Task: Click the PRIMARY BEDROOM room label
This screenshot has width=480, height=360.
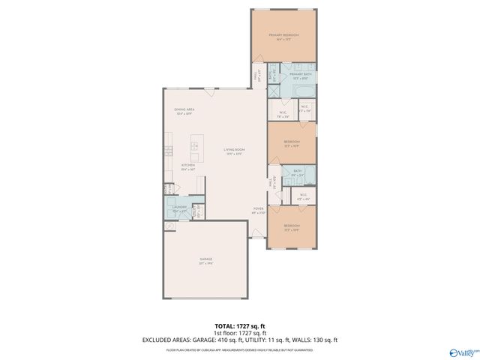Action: click(285, 34)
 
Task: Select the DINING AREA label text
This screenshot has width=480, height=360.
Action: click(184, 109)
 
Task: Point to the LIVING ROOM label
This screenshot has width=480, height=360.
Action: click(235, 150)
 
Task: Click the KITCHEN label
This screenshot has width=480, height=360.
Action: click(188, 165)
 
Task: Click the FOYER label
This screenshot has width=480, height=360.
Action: click(257, 209)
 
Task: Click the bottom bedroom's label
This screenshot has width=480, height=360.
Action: click(292, 226)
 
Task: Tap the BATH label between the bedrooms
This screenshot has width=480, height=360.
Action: click(298, 171)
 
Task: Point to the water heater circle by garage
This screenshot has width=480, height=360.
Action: click(167, 225)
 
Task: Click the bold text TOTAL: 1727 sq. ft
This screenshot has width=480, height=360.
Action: click(239, 324)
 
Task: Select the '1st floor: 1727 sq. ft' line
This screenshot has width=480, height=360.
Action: click(239, 331)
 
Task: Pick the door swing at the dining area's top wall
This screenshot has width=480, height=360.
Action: click(211, 93)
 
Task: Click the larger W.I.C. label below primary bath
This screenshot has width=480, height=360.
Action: click(283, 114)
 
